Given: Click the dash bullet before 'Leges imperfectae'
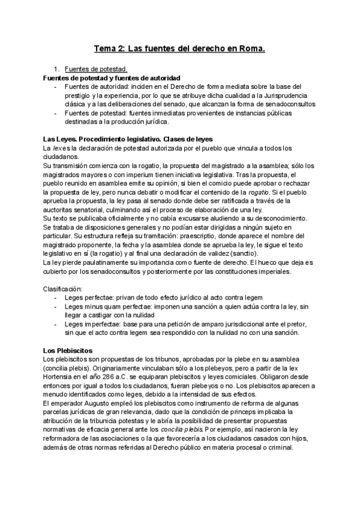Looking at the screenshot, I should (56, 324).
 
